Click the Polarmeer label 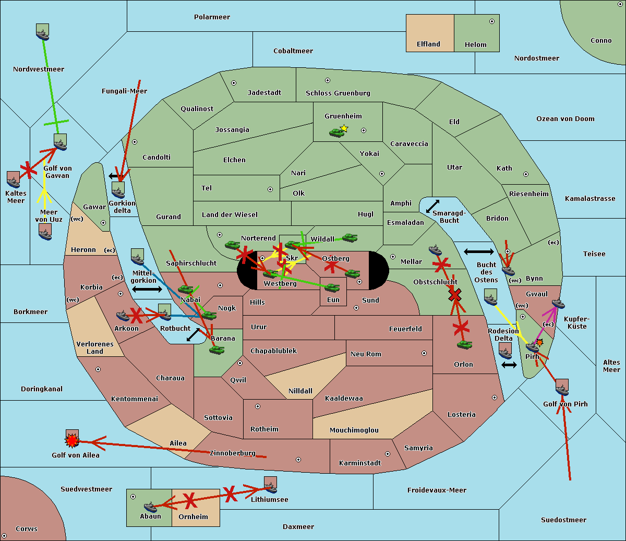212,17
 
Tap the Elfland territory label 428,44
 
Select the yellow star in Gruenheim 344,128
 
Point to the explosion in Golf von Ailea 72,441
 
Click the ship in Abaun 150,507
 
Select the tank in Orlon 465,345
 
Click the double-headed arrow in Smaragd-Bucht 432,206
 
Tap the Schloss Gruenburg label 338,93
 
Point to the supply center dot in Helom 492,21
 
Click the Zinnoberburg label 233,453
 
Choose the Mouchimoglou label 354,430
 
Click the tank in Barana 217,351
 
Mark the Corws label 27,529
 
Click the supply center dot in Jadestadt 234,83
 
